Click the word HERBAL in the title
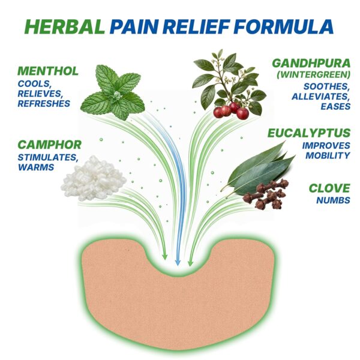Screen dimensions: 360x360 point(65,26)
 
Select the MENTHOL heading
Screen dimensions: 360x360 point(48,71)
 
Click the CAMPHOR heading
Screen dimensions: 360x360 point(50,145)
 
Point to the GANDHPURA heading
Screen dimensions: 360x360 point(311,63)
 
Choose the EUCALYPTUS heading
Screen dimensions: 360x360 point(309,133)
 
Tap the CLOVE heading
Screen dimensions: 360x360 point(329,188)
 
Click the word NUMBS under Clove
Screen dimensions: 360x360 point(334,200)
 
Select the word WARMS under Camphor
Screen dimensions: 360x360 point(36,167)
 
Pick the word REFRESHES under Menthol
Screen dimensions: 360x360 point(44,104)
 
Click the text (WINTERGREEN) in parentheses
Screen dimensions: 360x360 point(313,75)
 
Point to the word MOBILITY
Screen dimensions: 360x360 point(328,155)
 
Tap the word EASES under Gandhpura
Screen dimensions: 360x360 point(335,106)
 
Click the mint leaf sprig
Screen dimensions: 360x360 point(113,92)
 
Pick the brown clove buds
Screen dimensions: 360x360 point(266,194)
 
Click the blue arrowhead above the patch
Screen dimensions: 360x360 point(178,262)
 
